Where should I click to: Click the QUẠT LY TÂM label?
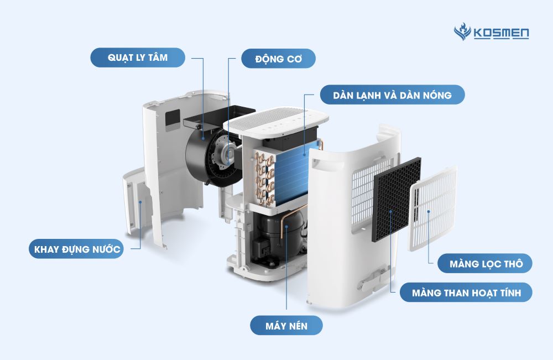coord(137,58)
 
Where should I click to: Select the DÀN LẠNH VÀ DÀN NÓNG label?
coord(392,95)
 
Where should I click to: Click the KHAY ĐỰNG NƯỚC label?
coord(75,249)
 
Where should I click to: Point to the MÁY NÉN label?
coord(286,325)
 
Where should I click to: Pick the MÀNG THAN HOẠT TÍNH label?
coord(464,293)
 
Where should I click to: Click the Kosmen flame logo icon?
coord(461,33)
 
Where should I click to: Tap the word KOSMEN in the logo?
coord(501,34)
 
